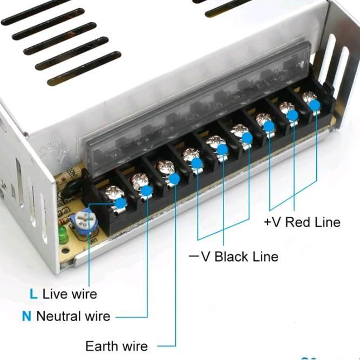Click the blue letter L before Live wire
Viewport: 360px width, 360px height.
(33, 294)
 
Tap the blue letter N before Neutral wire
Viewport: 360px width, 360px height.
(26, 316)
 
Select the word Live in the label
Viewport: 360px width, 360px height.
(55, 294)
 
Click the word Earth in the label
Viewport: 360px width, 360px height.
(101, 345)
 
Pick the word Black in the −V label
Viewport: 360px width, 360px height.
(234, 256)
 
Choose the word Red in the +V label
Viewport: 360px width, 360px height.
(296, 222)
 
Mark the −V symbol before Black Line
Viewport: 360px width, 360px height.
(199, 256)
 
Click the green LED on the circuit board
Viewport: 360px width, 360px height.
(63, 235)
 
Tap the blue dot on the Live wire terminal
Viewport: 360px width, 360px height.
(120, 202)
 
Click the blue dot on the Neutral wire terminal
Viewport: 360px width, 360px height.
(147, 190)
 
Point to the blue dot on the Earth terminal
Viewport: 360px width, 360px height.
(174, 179)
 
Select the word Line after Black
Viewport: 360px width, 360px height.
(264, 256)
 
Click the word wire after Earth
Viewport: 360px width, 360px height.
(135, 345)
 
